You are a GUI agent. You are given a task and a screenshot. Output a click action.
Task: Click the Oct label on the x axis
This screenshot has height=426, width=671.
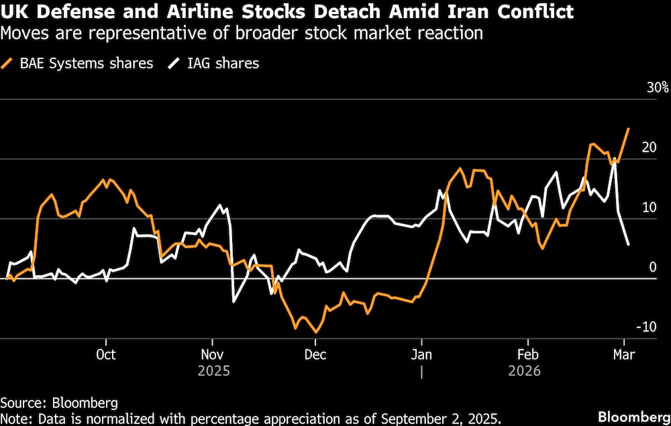106,354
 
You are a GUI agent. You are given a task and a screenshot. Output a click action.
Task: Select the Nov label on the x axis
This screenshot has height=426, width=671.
212,354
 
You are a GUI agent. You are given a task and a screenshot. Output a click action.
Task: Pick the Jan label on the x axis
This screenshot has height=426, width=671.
421,354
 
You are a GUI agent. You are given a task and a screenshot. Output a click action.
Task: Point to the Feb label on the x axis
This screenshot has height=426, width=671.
527,354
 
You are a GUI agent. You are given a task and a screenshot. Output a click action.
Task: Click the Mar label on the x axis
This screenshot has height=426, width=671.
624,354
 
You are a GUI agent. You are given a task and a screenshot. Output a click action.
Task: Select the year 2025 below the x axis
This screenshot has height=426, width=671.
212,370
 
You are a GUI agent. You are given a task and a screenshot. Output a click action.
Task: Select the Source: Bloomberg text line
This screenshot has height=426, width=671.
59,403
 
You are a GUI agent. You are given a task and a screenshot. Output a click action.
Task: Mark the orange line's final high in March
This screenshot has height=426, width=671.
628,128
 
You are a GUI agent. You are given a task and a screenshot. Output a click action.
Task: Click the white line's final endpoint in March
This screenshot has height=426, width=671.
628,245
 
